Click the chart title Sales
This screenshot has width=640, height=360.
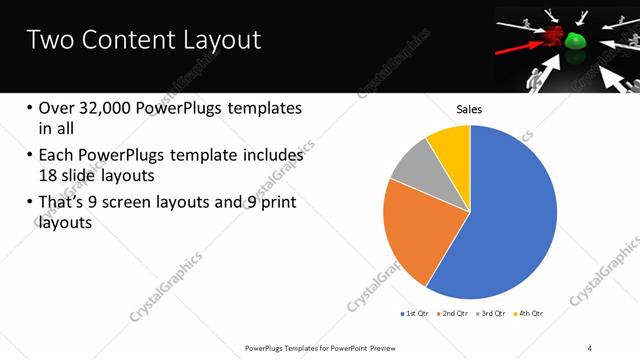click(x=470, y=108)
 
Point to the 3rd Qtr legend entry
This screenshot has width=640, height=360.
click(x=492, y=314)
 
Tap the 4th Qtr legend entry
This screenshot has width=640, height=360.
click(x=529, y=314)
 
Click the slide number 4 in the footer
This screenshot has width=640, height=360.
click(x=590, y=347)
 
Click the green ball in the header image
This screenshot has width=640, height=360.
click(x=576, y=42)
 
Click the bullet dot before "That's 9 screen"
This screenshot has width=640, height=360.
click(x=30, y=204)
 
